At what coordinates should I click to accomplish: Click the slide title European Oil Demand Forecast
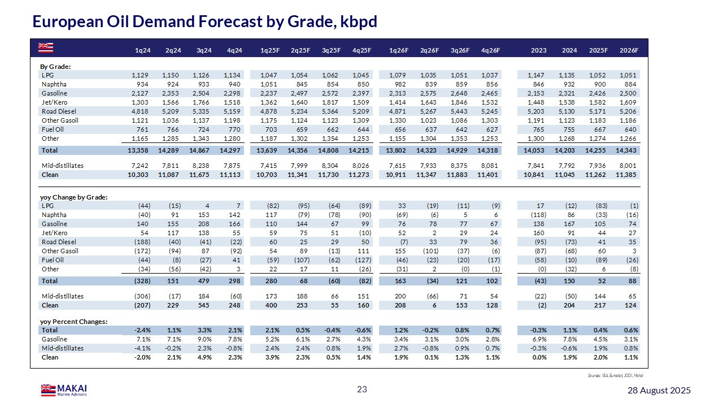[204, 21]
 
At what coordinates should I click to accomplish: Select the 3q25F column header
[330, 50]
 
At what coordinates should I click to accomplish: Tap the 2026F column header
[628, 50]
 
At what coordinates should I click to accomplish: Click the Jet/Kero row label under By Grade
[54, 102]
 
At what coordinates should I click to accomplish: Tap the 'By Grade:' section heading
[55, 67]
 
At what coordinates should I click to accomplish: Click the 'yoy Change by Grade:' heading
[74, 197]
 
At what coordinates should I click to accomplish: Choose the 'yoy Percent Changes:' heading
[74, 322]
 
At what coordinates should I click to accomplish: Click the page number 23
[361, 389]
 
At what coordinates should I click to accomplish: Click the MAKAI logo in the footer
[63, 389]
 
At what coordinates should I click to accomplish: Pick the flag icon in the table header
[46, 46]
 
